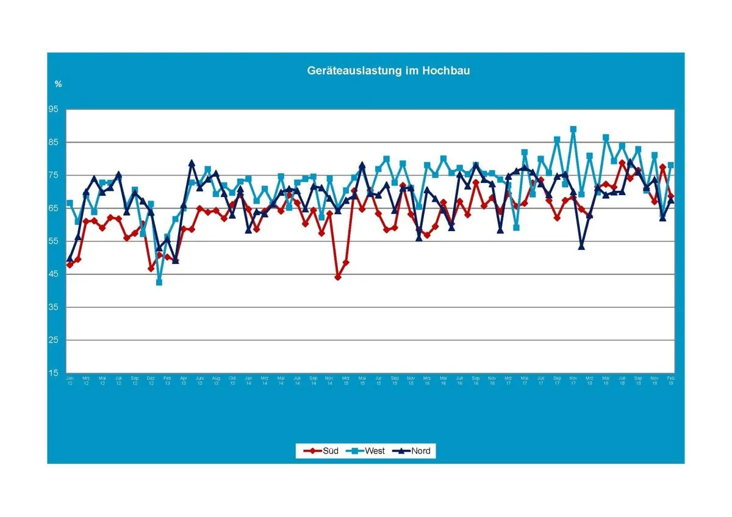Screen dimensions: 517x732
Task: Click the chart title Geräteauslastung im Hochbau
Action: click(x=388, y=71)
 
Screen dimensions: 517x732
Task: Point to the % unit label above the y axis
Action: click(x=58, y=84)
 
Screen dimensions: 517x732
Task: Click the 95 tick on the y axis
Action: click(x=54, y=110)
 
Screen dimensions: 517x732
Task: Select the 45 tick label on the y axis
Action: click(x=54, y=274)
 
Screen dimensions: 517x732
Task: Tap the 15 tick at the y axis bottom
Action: click(x=54, y=373)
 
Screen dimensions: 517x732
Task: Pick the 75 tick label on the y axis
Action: click(x=54, y=176)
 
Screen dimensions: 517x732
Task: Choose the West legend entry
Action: click(x=367, y=451)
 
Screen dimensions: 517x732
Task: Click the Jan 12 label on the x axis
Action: click(x=70, y=381)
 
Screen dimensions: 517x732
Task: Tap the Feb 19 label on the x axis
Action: click(x=671, y=381)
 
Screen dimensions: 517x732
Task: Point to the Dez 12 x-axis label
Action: click(x=151, y=381)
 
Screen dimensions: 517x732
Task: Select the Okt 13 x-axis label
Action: click(x=232, y=381)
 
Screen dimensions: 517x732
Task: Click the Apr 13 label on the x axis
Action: click(x=184, y=381)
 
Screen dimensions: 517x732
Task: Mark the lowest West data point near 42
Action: click(x=159, y=282)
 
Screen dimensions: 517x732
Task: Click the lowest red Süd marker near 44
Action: click(x=338, y=277)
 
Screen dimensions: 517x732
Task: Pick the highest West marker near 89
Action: click(x=573, y=129)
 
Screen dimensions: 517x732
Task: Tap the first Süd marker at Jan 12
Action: click(x=70, y=265)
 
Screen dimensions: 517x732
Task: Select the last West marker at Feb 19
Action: click(x=671, y=165)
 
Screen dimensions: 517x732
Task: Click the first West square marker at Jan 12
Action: click(x=70, y=203)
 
